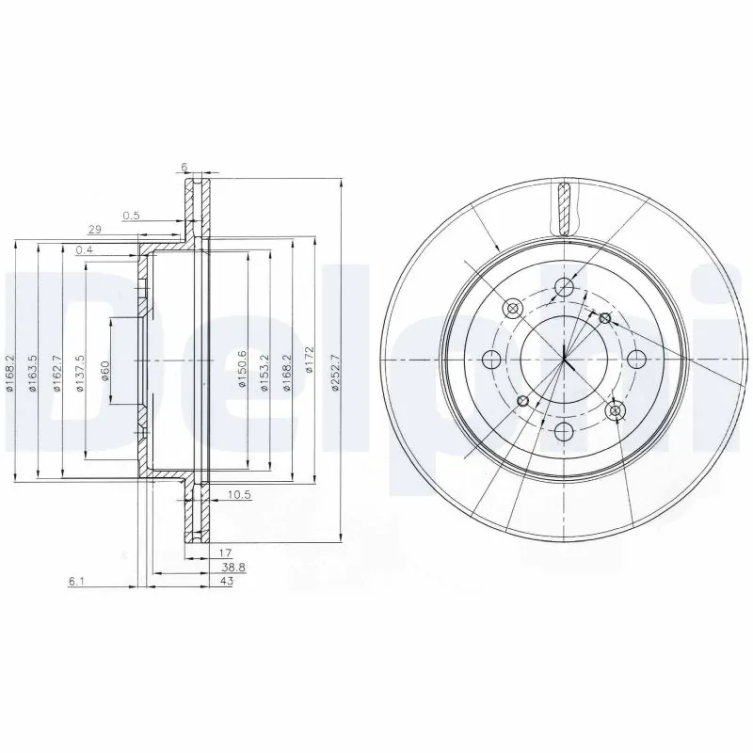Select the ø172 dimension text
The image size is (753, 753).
(x=308, y=360)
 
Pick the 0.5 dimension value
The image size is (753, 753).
(x=133, y=216)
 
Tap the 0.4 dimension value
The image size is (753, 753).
(x=84, y=248)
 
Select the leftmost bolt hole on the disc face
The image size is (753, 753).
(x=490, y=359)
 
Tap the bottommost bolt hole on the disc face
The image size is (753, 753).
(x=563, y=431)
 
